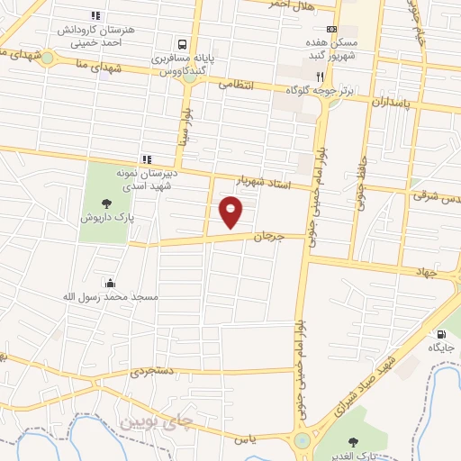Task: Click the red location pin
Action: click(231, 212)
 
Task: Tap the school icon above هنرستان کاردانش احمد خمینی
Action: click(96, 15)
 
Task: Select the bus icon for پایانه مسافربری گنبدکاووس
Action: click(183, 43)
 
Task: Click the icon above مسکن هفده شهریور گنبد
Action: click(331, 29)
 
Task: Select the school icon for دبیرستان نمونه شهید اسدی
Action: click(145, 158)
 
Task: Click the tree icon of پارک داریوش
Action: click(107, 203)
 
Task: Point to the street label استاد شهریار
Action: click(267, 185)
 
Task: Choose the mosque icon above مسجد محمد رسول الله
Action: click(110, 283)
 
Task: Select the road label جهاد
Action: click(426, 270)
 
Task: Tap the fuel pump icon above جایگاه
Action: click(440, 332)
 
